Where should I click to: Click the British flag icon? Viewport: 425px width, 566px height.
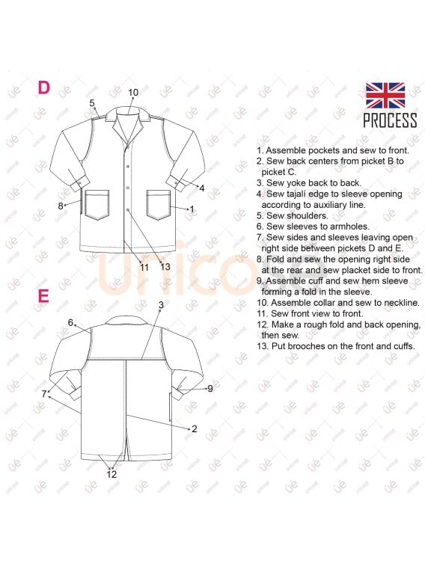click(x=385, y=96)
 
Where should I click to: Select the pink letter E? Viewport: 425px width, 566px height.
click(x=43, y=296)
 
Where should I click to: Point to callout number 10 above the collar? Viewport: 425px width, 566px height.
click(x=133, y=93)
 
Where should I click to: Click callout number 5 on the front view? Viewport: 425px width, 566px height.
click(x=92, y=103)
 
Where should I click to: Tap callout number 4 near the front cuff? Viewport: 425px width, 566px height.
click(x=202, y=188)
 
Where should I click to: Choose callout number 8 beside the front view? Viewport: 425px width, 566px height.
click(x=61, y=205)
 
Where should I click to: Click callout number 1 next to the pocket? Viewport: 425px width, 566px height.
click(x=192, y=209)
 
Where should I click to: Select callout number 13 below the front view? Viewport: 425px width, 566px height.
click(x=165, y=267)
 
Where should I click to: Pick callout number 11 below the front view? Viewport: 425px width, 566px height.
click(x=144, y=267)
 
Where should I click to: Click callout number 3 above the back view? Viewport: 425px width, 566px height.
click(x=161, y=305)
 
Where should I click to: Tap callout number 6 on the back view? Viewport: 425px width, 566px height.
click(x=70, y=323)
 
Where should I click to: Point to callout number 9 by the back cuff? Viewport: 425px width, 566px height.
click(x=210, y=388)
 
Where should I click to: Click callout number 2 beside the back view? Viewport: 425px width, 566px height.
click(x=195, y=428)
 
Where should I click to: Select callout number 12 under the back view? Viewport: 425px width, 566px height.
click(x=112, y=474)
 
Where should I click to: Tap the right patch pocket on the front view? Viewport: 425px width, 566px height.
click(x=159, y=204)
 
